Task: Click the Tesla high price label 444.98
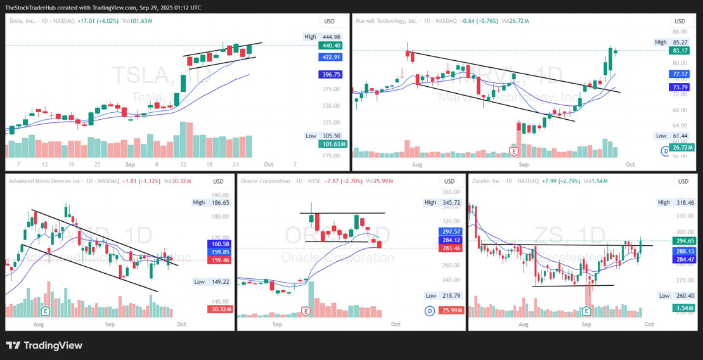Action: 332,37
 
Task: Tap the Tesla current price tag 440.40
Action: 332,46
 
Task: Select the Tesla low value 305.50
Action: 332,136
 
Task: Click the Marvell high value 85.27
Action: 680,42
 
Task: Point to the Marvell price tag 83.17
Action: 680,51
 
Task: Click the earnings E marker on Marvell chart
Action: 514,151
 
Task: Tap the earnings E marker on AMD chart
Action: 45,311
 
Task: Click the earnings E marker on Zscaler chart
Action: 586,311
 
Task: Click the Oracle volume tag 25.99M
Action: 452,310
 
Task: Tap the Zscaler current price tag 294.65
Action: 685,241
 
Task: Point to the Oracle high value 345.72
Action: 452,202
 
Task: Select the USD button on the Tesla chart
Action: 329,21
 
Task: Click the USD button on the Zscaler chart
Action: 683,182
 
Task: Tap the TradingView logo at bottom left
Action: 44,345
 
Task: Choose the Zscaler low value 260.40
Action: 685,295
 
